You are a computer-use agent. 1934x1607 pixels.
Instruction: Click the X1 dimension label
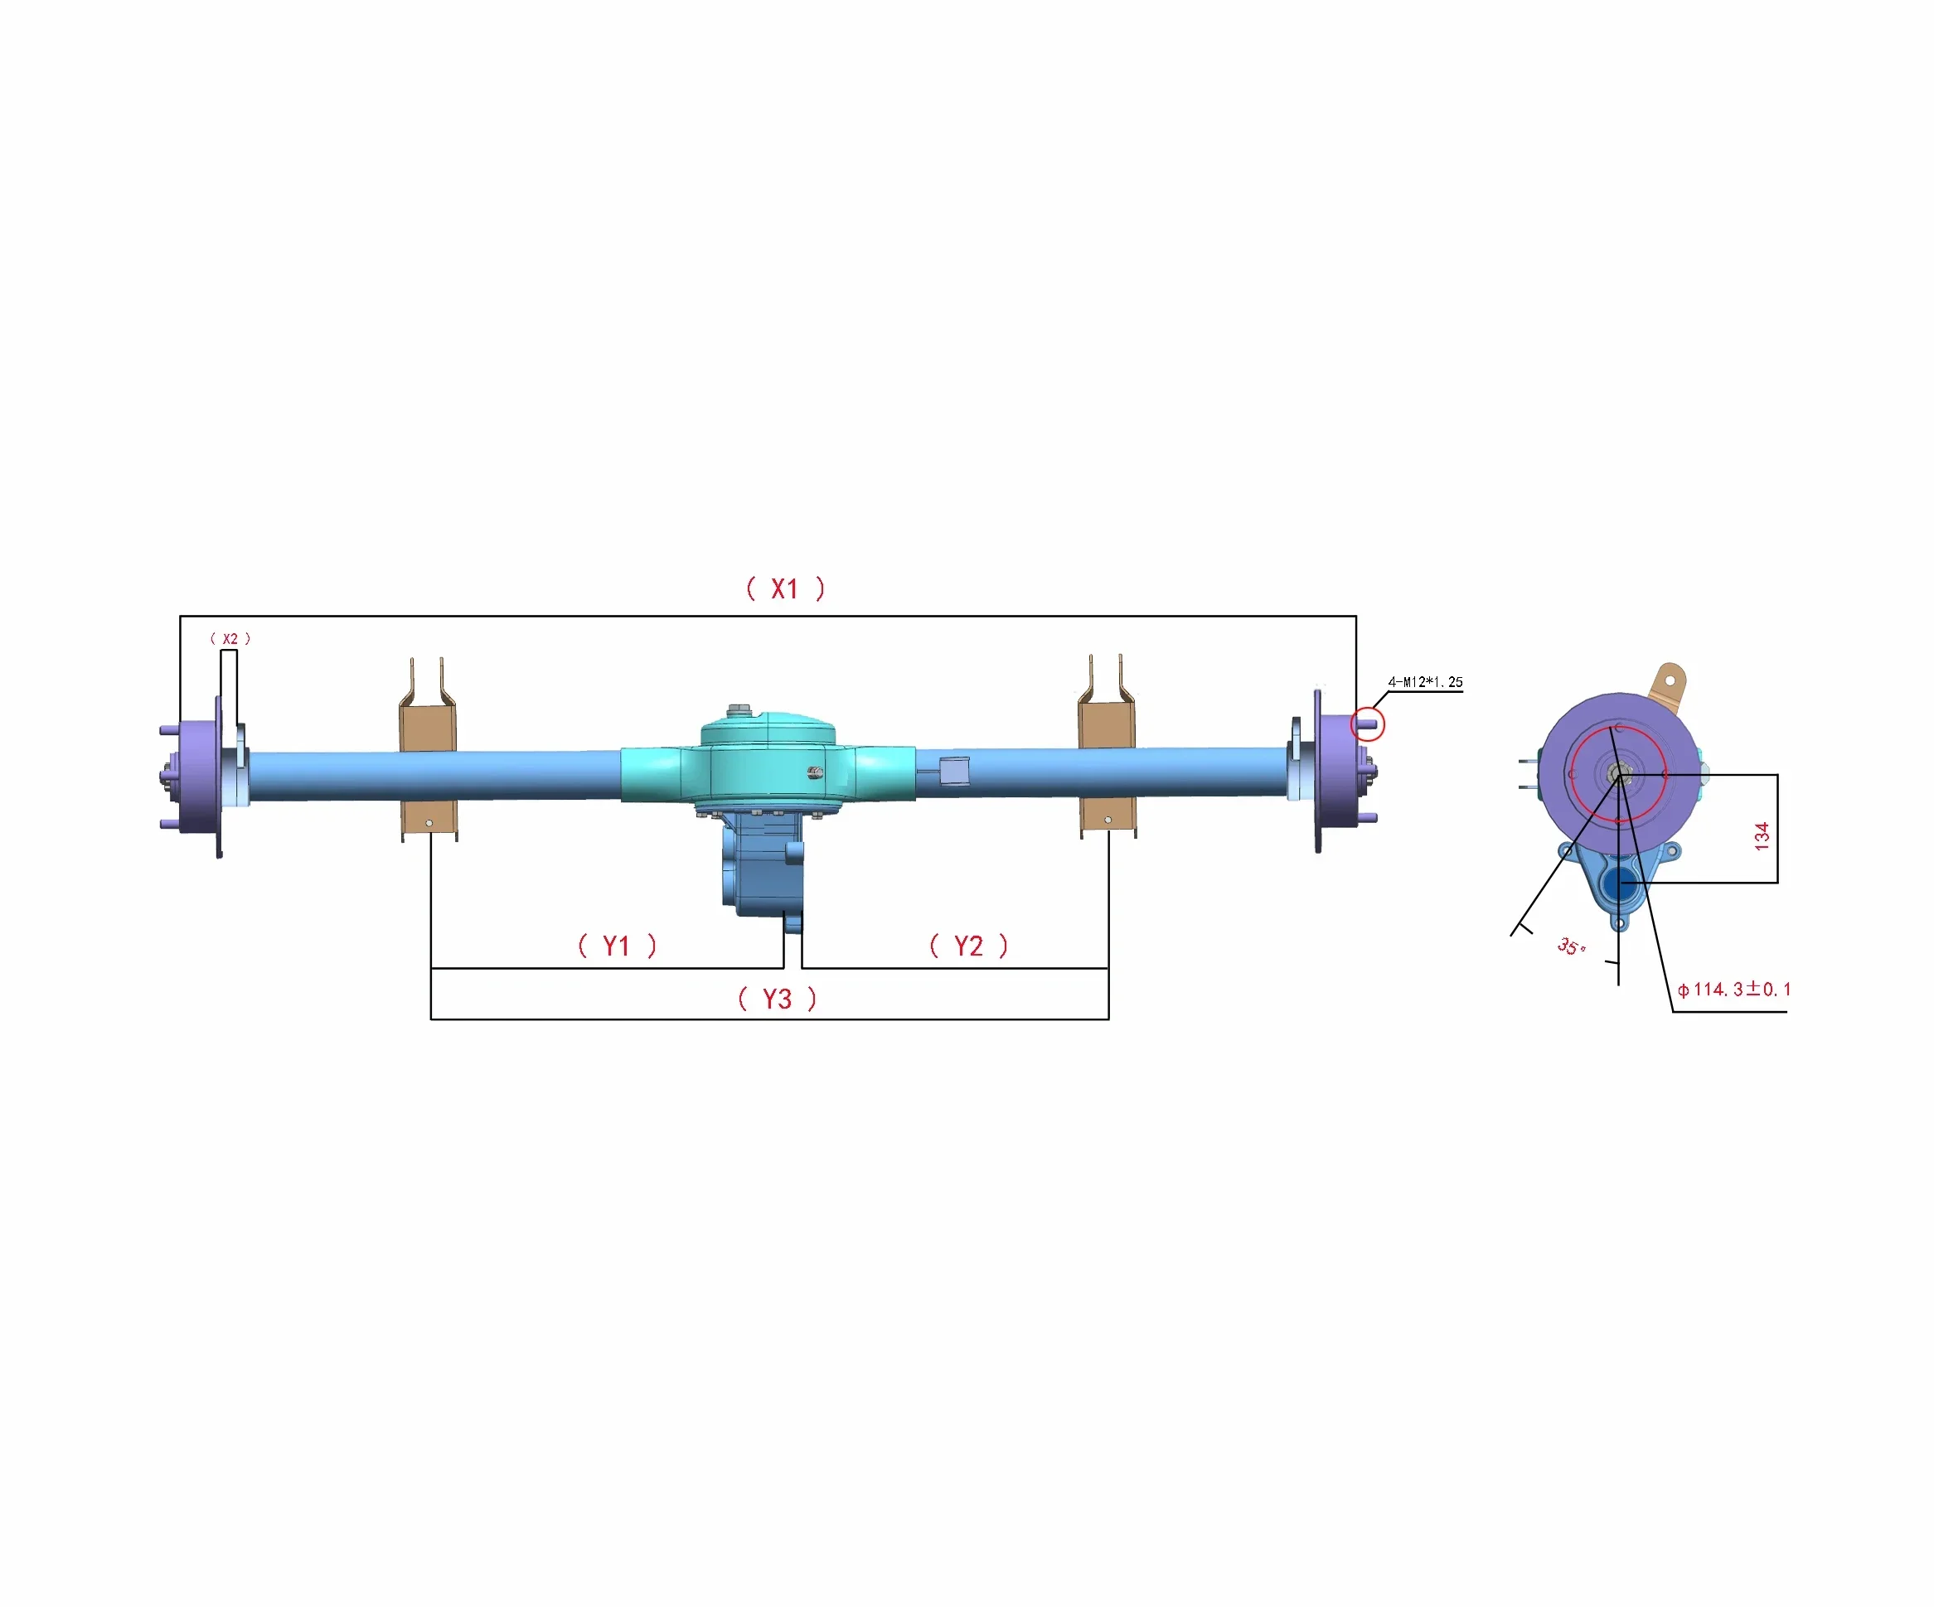tap(785, 588)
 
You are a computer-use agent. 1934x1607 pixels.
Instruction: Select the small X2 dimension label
tap(230, 638)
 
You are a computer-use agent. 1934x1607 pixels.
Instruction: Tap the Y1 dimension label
tap(617, 946)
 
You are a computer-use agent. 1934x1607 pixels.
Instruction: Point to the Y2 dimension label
tap(969, 946)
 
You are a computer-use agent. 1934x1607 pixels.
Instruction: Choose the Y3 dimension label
tap(778, 1000)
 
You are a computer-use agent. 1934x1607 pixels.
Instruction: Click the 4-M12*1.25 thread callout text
tap(1426, 682)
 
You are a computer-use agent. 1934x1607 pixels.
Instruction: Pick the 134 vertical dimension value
tap(1762, 836)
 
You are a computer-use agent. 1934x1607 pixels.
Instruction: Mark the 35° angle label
tap(1571, 946)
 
